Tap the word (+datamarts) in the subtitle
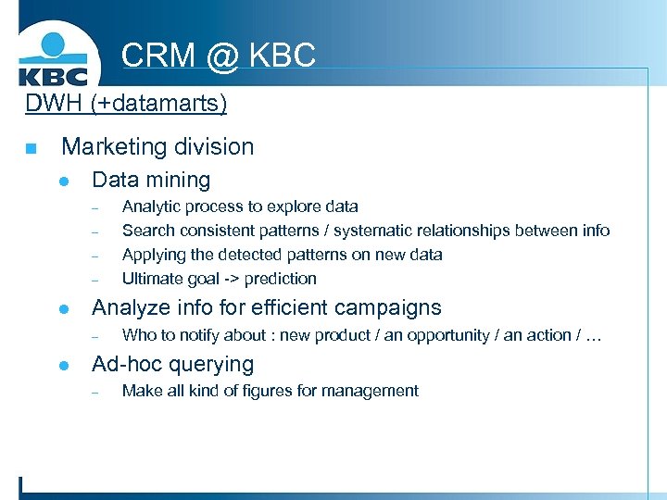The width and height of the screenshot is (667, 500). pos(158,102)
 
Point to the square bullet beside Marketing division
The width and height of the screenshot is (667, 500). pos(31,148)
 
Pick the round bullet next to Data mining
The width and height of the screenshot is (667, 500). pos(64,181)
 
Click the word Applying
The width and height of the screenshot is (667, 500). pos(153,255)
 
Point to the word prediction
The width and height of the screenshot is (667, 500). pos(281,279)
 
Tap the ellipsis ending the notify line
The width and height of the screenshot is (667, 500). pos(593,336)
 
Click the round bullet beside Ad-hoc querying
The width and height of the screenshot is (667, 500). pos(64,366)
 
